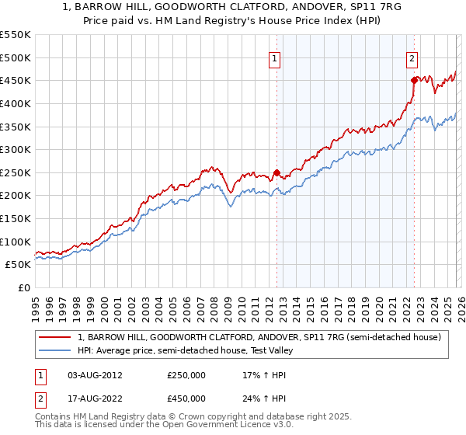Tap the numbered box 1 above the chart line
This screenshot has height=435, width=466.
point(276,57)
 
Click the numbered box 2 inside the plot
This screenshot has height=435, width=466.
point(412,57)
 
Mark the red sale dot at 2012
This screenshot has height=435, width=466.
point(276,172)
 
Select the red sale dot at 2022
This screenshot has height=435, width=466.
point(414,80)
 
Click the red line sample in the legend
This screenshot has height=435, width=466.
point(56,337)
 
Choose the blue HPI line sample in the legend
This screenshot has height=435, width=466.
point(56,350)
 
